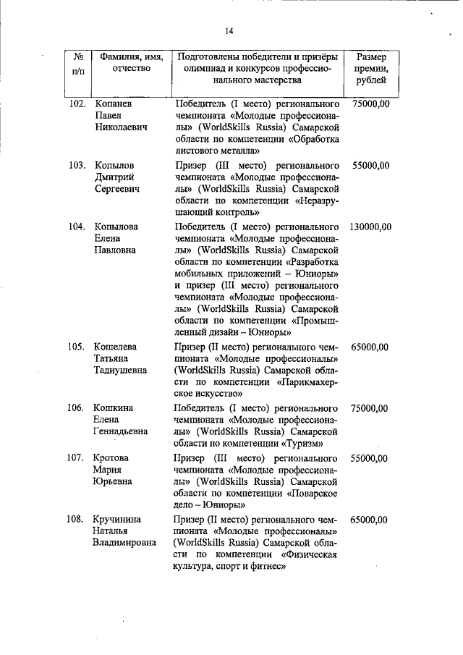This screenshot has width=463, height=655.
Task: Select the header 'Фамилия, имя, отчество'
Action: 130,62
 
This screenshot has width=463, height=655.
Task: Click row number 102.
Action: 77,104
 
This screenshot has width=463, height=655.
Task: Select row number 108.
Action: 77,520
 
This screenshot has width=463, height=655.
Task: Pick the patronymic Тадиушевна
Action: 120,371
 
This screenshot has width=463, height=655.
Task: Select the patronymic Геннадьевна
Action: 121,431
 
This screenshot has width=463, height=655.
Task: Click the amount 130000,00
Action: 370,227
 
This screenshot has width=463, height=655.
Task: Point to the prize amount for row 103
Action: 370,166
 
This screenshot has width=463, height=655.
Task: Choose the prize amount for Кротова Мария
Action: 370,459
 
